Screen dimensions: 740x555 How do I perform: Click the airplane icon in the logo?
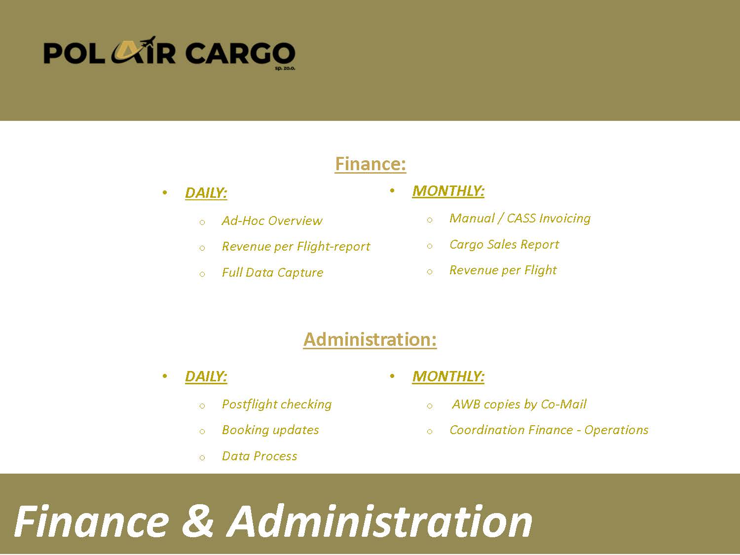coord(148,43)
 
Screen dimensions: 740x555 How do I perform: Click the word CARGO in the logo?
coord(240,53)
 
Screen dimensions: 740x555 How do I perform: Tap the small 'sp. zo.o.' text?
coord(285,69)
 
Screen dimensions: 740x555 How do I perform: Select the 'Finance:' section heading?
coord(370,164)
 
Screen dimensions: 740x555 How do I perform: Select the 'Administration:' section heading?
coord(370,339)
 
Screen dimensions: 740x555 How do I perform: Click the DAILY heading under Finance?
coord(206,193)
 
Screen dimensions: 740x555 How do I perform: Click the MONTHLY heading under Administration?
coord(448,376)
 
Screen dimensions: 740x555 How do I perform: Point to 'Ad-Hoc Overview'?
coord(272,221)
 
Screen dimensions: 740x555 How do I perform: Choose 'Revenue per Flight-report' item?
coord(296,246)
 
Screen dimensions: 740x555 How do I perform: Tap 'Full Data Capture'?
coord(272,272)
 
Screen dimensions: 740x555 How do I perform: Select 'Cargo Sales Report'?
coord(504,244)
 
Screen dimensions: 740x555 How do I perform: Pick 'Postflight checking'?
coord(277,404)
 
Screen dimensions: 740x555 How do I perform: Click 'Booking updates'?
coord(270,430)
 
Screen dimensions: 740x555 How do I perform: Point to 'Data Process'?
coord(259,456)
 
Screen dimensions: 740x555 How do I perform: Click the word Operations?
coord(616,430)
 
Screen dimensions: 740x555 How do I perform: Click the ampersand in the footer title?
coord(197,521)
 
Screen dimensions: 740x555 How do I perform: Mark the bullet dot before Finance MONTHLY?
coord(392,191)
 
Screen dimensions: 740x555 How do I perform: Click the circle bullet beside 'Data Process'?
coord(202,458)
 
